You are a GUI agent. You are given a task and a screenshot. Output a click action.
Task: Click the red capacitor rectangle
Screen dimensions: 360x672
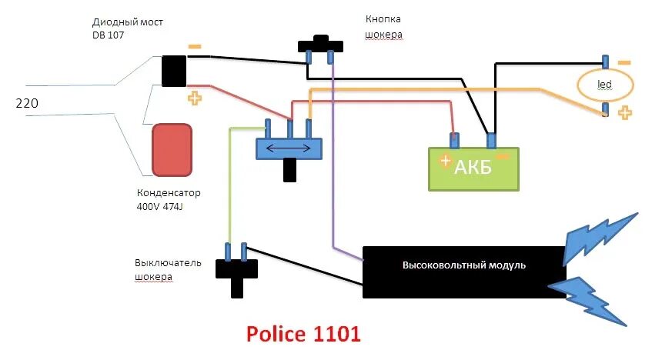[172, 149]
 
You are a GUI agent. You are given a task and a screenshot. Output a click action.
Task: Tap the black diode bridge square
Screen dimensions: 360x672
[174, 71]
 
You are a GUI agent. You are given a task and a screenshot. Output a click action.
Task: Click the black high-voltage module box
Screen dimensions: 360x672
[463, 272]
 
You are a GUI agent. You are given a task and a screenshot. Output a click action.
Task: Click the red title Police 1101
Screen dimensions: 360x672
[303, 335]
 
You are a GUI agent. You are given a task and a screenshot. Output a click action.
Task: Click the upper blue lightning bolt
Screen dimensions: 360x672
[601, 238]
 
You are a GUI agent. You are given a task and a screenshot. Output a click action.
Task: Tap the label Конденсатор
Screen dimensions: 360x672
[169, 193]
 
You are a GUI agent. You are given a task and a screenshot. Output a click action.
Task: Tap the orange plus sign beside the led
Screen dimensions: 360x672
[625, 113]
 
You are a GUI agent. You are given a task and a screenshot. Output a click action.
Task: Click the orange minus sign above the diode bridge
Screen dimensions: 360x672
[195, 46]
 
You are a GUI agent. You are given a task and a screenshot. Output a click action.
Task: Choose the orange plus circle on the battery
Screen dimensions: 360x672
[445, 162]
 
